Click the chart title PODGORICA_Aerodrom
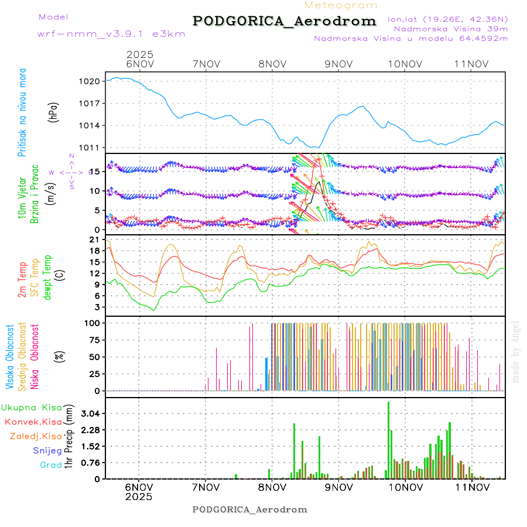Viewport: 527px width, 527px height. click(x=285, y=21)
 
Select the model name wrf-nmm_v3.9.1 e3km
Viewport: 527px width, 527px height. click(x=111, y=34)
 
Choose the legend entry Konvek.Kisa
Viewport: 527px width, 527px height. click(x=33, y=422)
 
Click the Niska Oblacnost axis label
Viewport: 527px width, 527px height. click(x=36, y=356)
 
